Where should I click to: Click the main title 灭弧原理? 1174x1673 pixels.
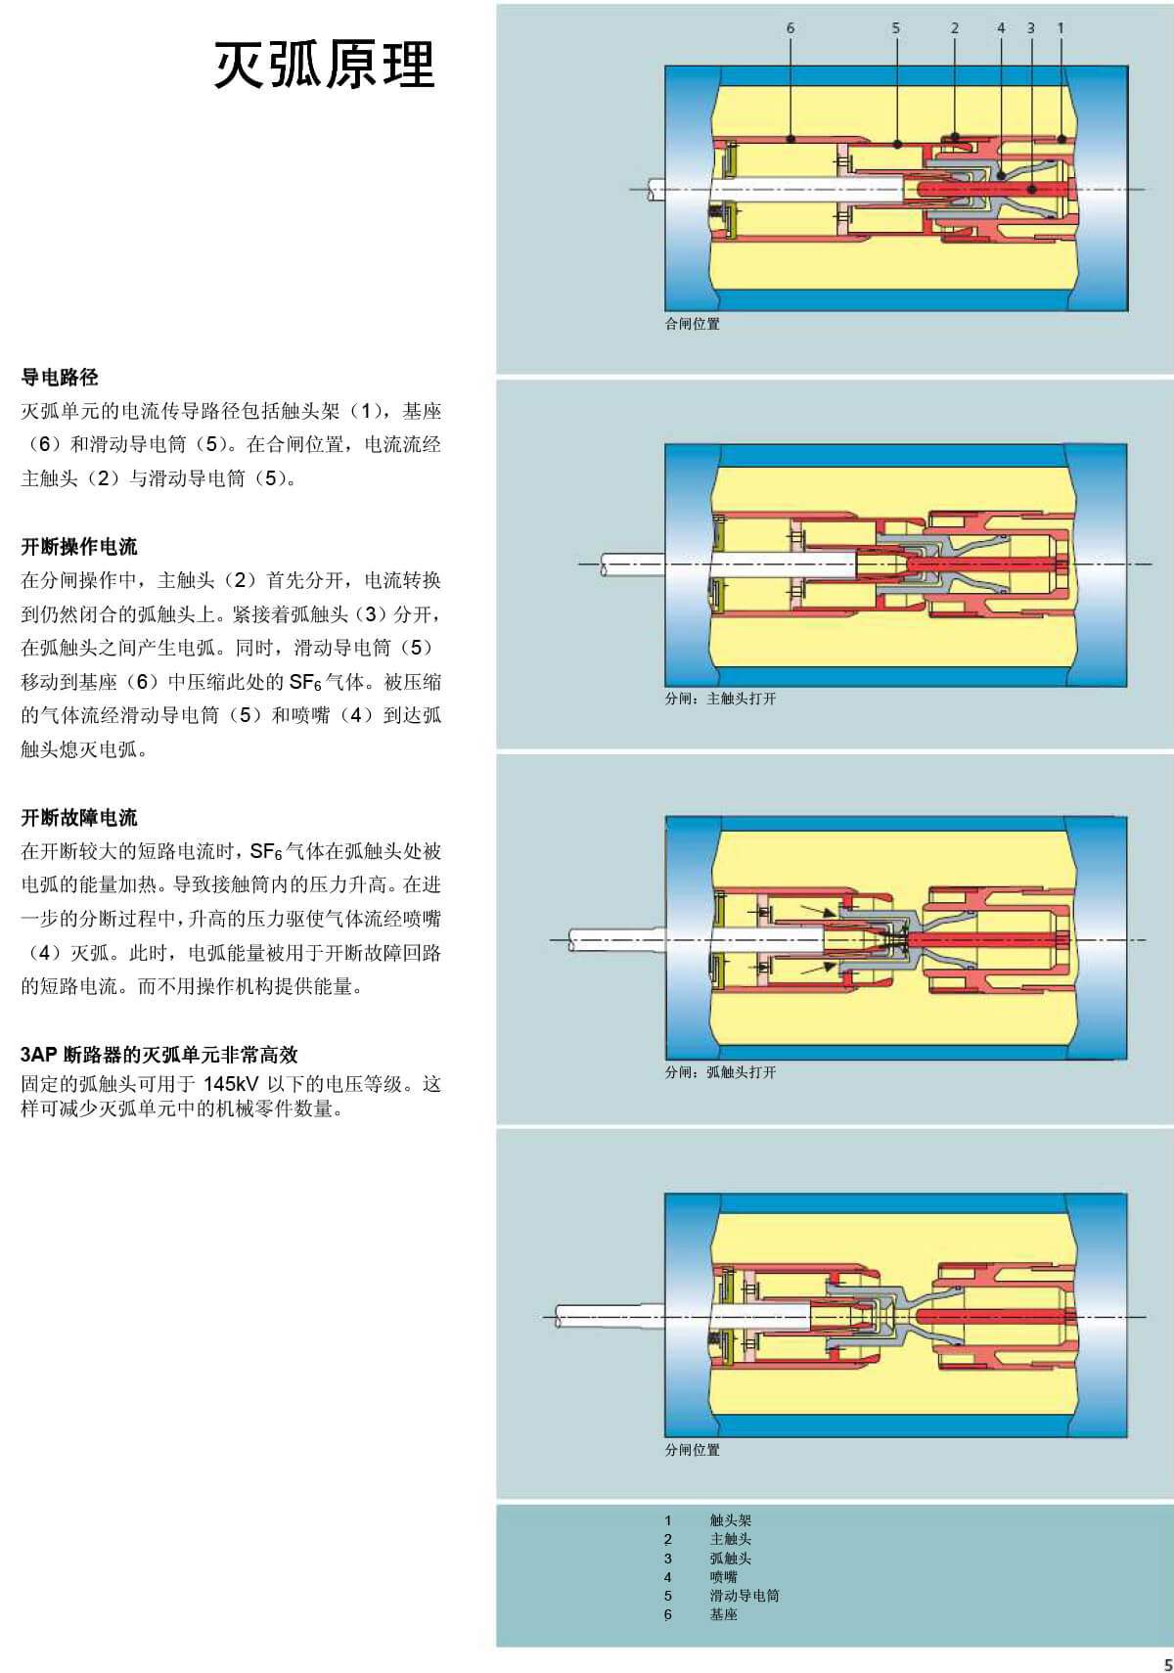pyautogui.click(x=324, y=65)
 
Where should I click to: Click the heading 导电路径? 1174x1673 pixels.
pyautogui.click(x=60, y=378)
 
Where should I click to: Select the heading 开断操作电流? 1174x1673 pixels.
pyautogui.click(x=79, y=547)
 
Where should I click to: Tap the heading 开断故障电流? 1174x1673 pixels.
pyautogui.click(x=79, y=818)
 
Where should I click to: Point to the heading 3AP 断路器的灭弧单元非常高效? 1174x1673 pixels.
pyautogui.click(x=159, y=1055)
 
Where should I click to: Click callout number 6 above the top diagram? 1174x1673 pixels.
pyautogui.click(x=790, y=28)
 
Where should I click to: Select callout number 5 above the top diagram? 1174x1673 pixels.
pyautogui.click(x=895, y=28)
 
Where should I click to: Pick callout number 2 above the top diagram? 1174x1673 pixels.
pyautogui.click(x=955, y=28)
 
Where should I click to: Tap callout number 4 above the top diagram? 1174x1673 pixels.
pyautogui.click(x=1001, y=28)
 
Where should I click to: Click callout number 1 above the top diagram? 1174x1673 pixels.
pyautogui.click(x=1060, y=28)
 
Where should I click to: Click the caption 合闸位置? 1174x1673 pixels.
pyautogui.click(x=693, y=324)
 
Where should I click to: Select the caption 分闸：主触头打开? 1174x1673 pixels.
pyautogui.click(x=721, y=699)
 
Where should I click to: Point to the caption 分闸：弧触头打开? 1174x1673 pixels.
pyautogui.click(x=721, y=1072)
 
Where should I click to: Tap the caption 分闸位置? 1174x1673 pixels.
pyautogui.click(x=693, y=1450)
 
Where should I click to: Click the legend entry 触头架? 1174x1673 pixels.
pyautogui.click(x=731, y=1520)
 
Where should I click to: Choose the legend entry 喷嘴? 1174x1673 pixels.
pyautogui.click(x=723, y=1577)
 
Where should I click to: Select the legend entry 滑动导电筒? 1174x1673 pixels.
pyautogui.click(x=745, y=1596)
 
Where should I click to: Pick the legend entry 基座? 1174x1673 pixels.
pyautogui.click(x=723, y=1614)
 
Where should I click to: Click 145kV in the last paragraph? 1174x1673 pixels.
pyautogui.click(x=231, y=1084)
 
